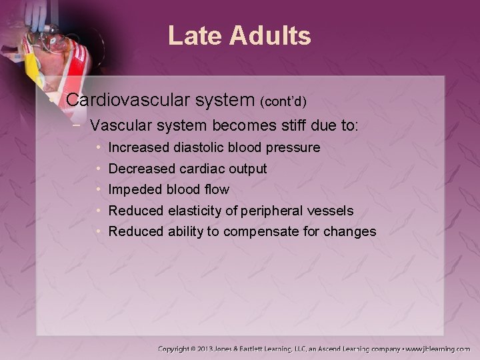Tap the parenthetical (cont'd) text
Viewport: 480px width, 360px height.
pyautogui.click(x=283, y=102)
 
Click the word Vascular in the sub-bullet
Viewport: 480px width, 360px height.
pyautogui.click(x=118, y=125)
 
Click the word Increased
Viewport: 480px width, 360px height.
pyautogui.click(x=138, y=147)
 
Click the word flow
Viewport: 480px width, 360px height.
pyautogui.click(x=215, y=190)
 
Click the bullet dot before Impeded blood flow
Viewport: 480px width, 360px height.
pyautogui.click(x=98, y=190)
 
